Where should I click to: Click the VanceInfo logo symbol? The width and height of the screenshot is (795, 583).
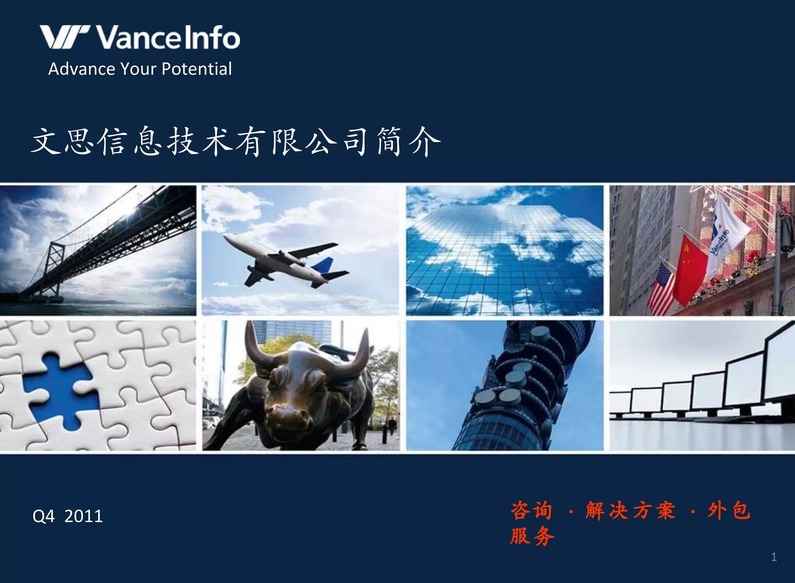tap(64, 37)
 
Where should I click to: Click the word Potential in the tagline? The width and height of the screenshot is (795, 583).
tap(196, 69)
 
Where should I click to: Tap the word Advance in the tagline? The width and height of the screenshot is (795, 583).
tap(82, 69)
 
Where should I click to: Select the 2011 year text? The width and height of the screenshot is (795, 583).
tap(83, 516)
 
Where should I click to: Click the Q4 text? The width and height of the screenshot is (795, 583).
tap(43, 516)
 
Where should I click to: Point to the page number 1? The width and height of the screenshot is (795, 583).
tap(774, 557)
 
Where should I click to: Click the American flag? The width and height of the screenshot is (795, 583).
tap(661, 289)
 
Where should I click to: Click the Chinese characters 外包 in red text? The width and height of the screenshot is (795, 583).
tap(729, 510)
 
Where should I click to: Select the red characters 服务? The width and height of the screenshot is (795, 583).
tap(532, 536)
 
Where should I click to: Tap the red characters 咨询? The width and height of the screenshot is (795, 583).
tap(531, 510)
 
